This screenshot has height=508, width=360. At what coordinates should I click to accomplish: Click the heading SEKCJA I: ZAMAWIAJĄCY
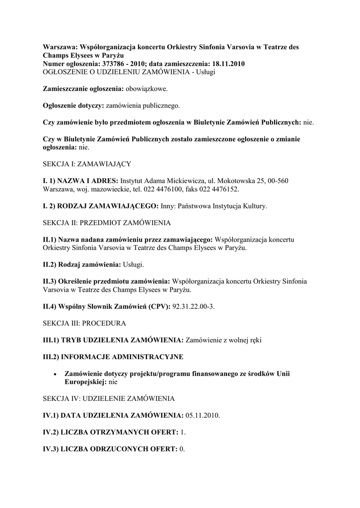pyautogui.click(x=87, y=163)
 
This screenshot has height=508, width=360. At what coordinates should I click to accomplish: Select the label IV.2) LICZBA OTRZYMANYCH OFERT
pyautogui.click(x=110, y=433)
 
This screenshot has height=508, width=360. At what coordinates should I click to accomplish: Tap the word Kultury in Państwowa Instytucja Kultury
pyautogui.click(x=255, y=205)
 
